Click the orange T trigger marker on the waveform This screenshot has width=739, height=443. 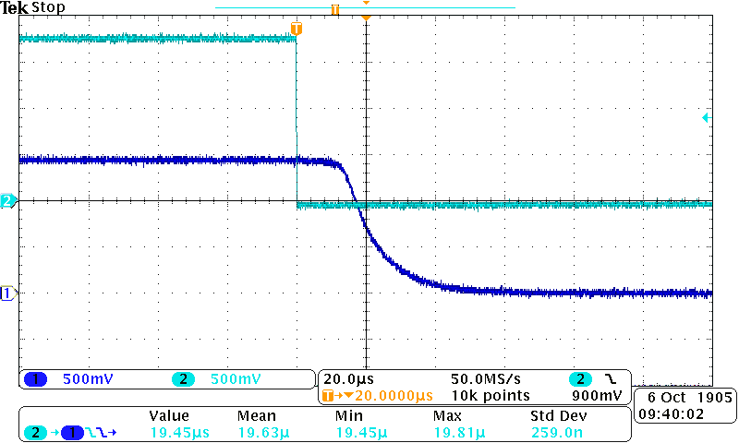[x=296, y=30]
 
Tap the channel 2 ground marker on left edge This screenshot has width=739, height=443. [x=7, y=200]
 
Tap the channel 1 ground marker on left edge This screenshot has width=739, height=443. [x=7, y=293]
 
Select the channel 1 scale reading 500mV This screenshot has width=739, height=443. [x=88, y=379]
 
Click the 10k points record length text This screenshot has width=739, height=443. [x=491, y=396]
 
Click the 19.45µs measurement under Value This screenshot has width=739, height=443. [x=176, y=432]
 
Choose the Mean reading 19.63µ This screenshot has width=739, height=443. [x=263, y=432]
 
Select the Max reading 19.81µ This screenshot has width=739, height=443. [x=459, y=432]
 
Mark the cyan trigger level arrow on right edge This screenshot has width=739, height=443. [x=706, y=118]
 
